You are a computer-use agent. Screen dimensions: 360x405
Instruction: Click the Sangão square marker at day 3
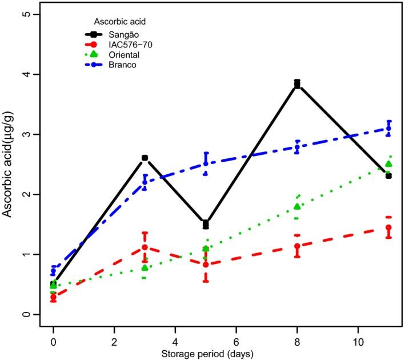[145, 158]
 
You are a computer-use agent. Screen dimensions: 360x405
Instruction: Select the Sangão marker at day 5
[206, 223]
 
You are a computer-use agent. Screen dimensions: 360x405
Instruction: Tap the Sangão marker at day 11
[388, 175]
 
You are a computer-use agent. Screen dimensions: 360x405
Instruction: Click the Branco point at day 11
[388, 128]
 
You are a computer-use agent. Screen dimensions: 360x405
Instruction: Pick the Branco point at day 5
[206, 163]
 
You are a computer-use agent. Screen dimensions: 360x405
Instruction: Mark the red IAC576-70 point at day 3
[145, 247]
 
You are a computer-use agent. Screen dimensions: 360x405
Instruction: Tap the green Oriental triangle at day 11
[388, 164]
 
